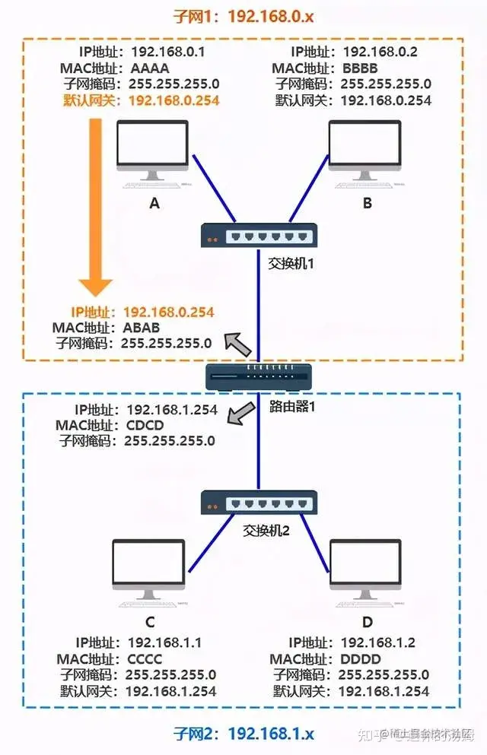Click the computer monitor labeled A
(152, 150)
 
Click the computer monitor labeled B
(364, 150)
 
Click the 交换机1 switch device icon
(259, 236)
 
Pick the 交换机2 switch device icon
(259, 502)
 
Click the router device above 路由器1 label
(259, 374)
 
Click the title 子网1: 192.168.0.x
(243, 15)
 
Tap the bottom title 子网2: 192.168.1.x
(243, 734)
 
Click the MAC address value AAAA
(160, 69)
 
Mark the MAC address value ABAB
(142, 328)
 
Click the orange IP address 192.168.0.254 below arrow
(168, 312)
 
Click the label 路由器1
(292, 405)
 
